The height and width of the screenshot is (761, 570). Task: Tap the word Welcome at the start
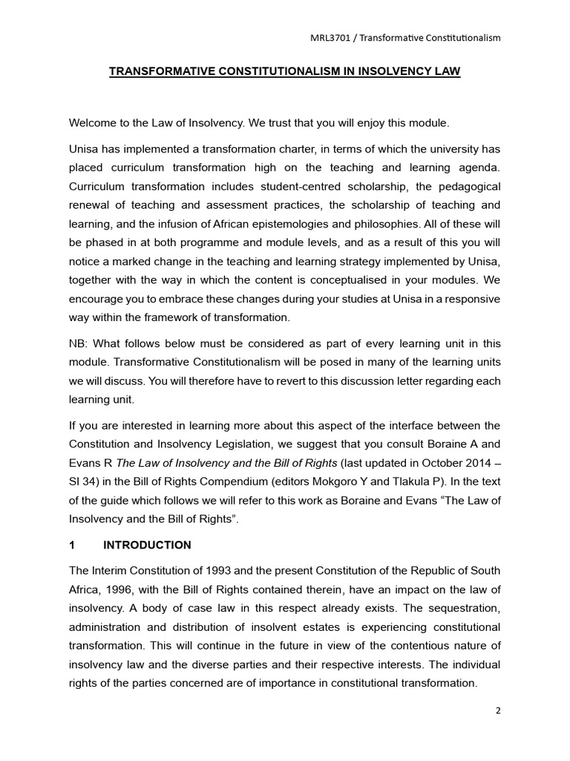(x=94, y=123)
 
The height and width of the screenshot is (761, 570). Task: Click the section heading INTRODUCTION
(x=147, y=545)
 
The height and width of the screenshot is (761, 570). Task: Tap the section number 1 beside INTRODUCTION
(x=71, y=545)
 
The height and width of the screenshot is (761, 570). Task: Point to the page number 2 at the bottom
(x=498, y=710)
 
